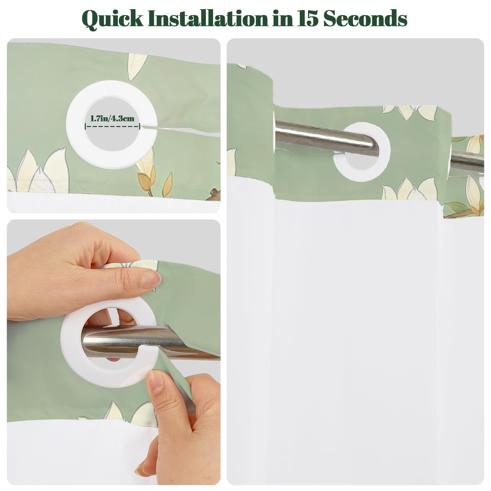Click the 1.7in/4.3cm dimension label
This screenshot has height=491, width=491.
tap(112, 118)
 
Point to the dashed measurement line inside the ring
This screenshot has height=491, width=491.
tap(112, 126)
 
